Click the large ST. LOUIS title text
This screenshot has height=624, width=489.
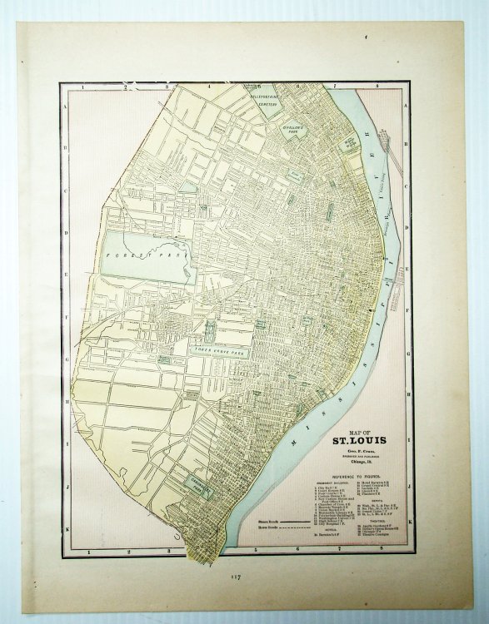tap(359, 441)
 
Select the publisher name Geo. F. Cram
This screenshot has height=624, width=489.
tap(359, 452)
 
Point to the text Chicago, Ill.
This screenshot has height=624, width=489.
tap(359, 462)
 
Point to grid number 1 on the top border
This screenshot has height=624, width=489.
tap(83, 86)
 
